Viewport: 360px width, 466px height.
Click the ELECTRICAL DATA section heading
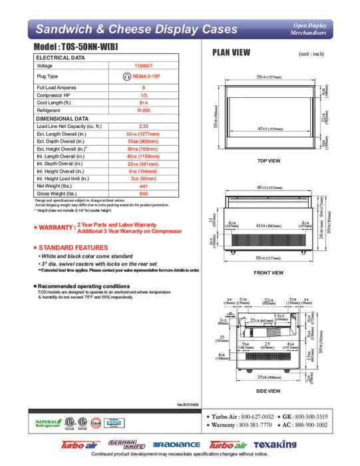click(60, 58)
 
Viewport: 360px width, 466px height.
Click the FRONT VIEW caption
click(268, 272)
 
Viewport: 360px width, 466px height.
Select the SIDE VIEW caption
click(268, 391)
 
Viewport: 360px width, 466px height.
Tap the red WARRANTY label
click(55, 228)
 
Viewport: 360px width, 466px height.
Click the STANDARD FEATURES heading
click(75, 248)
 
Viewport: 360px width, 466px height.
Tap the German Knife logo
click(121, 444)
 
